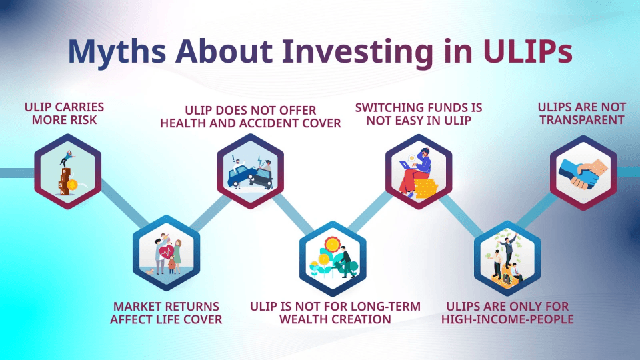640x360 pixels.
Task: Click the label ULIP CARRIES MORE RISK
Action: (64, 113)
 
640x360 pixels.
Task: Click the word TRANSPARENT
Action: (582, 120)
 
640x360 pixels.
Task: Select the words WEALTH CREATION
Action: (335, 319)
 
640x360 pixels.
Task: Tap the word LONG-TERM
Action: (385, 307)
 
